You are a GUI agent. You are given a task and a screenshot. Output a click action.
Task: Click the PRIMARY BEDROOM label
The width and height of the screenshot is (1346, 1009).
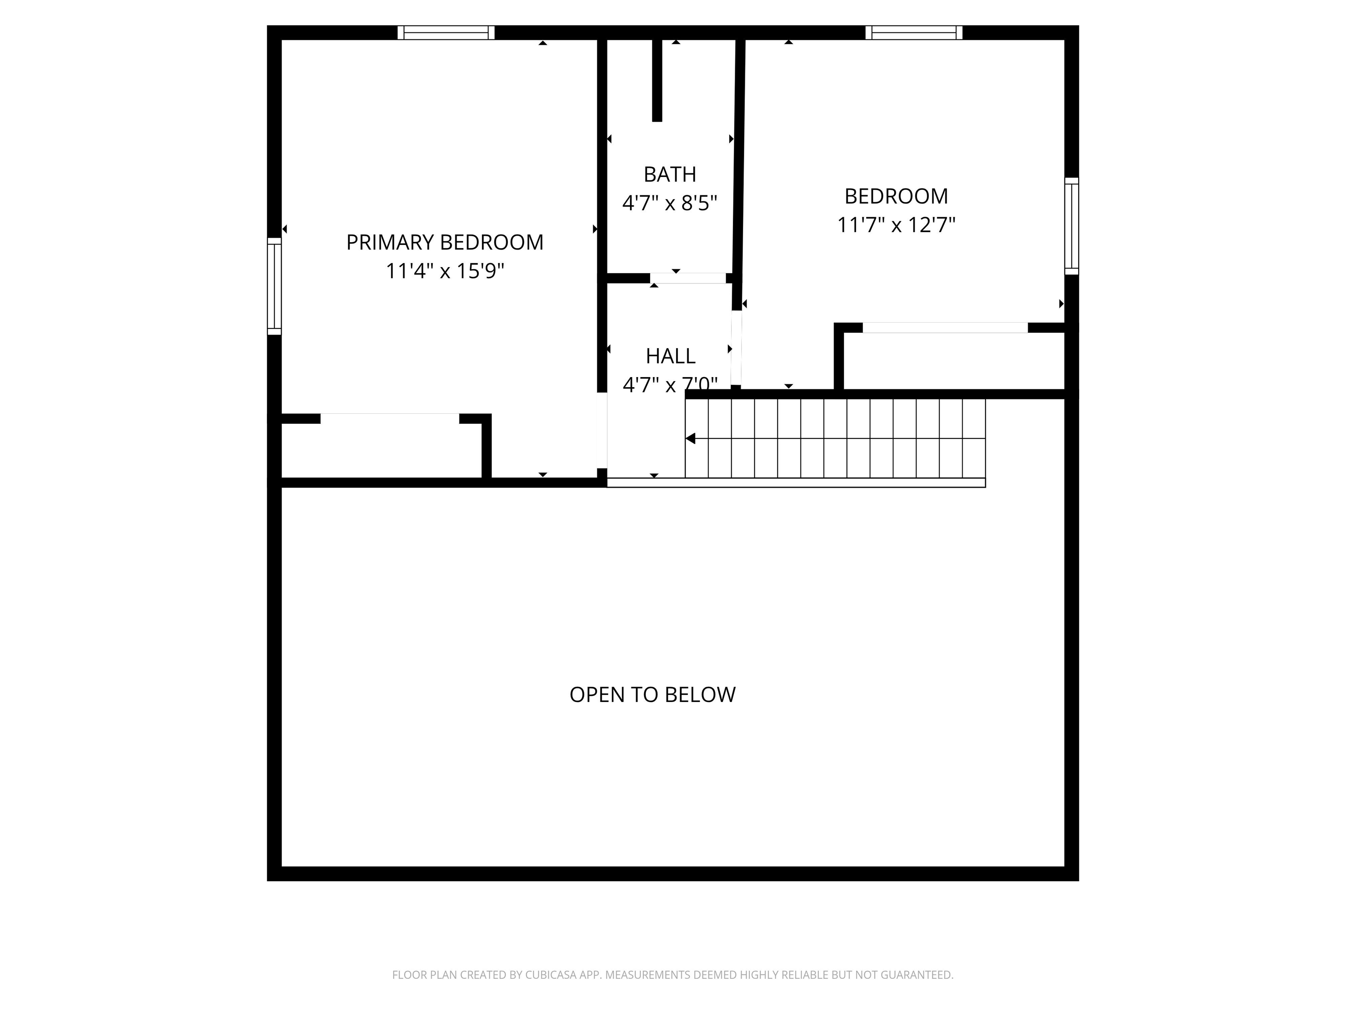[445, 242]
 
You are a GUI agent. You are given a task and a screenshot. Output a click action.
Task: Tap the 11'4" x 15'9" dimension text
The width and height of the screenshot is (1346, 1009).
[445, 271]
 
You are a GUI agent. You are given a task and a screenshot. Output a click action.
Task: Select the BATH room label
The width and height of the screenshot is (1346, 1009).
[669, 175]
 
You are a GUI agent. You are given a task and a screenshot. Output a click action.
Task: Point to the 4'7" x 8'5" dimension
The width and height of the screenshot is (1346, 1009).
[669, 203]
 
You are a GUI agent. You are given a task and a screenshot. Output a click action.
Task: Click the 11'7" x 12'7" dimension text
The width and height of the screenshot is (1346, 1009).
[896, 225]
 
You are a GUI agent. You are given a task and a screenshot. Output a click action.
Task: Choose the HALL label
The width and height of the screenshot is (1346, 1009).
[670, 356]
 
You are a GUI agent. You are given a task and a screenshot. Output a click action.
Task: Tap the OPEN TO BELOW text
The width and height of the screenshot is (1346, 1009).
[652, 695]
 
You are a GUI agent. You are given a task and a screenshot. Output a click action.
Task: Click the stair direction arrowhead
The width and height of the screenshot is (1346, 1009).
[691, 438]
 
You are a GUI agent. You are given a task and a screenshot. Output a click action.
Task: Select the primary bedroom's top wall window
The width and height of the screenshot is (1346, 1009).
[446, 33]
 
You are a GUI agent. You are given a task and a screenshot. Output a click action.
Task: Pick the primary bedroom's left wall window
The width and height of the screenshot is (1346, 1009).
[274, 286]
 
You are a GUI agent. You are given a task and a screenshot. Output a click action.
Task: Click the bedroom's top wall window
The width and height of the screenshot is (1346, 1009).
[914, 33]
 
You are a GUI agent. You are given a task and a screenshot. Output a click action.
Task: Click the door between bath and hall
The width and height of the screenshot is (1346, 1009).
[688, 279]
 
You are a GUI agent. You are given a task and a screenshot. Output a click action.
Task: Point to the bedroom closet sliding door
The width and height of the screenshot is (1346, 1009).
[945, 328]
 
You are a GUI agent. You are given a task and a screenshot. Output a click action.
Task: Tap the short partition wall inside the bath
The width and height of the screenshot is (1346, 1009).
[657, 80]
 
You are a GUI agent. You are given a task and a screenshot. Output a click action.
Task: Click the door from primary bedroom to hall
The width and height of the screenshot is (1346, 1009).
[602, 430]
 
